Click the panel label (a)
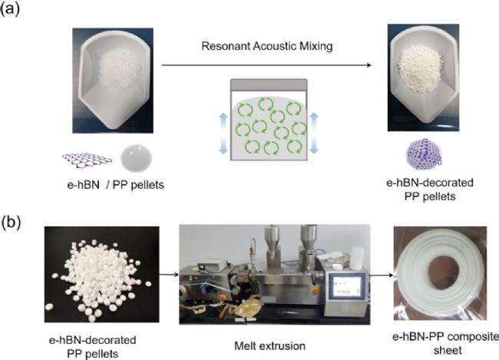pyautogui.click(x=15, y=15)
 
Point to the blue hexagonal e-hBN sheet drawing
pyautogui.click(x=87, y=159)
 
